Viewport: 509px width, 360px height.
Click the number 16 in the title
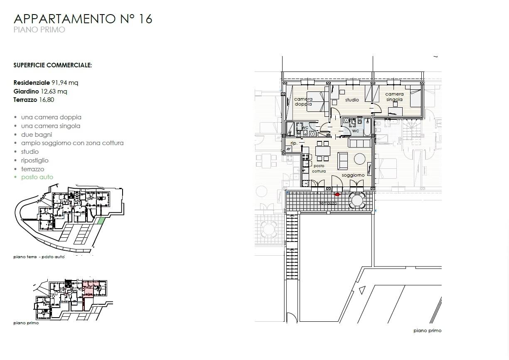(x=145, y=19)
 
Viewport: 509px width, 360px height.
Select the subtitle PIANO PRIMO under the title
(x=39, y=30)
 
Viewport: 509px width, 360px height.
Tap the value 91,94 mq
(x=65, y=82)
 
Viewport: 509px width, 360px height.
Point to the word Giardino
(x=26, y=91)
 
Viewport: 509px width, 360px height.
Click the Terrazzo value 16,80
(x=47, y=100)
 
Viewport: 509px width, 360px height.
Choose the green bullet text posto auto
(x=37, y=177)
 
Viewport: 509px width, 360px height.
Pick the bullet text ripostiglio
(x=35, y=160)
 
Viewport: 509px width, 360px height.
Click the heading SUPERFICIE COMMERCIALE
(x=53, y=65)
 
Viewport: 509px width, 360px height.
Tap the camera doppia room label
(x=303, y=101)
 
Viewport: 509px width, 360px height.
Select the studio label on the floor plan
(x=352, y=100)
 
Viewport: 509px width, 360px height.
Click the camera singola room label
(x=394, y=97)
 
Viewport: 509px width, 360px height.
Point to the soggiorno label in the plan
(x=353, y=175)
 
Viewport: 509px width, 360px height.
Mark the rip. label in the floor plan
(x=294, y=143)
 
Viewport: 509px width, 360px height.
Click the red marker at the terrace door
(x=337, y=195)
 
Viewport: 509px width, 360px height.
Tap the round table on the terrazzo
(x=357, y=201)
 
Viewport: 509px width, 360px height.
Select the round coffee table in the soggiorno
(x=360, y=159)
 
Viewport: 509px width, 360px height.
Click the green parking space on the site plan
(x=101, y=221)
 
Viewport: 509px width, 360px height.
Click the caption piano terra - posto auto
(x=39, y=257)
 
